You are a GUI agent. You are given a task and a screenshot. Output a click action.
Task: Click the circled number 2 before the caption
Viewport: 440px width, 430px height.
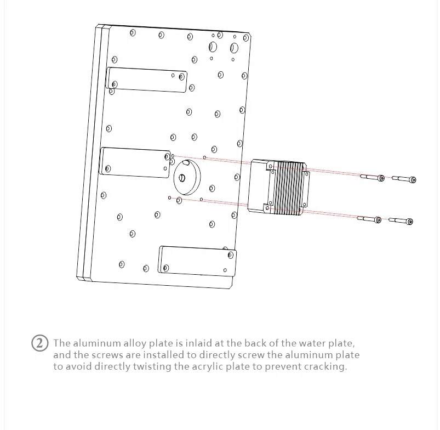click(x=39, y=344)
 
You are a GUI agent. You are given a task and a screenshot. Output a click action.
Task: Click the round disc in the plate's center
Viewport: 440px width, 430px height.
click(x=186, y=178)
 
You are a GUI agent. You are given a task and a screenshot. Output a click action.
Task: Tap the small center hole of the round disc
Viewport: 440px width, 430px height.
click(x=182, y=177)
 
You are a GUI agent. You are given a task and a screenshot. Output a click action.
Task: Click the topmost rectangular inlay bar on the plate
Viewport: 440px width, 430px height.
click(x=147, y=80)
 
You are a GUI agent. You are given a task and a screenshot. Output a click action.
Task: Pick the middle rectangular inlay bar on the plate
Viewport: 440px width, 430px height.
click(x=135, y=162)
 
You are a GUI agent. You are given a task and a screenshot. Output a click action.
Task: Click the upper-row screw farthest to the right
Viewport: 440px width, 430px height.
click(x=404, y=179)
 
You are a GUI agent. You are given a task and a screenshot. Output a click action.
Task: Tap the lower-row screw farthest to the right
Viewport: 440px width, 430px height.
click(x=401, y=221)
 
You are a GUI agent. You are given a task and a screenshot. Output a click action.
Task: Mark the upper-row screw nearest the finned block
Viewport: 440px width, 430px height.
click(x=372, y=177)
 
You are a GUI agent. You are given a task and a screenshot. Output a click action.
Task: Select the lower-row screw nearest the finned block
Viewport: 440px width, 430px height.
click(x=369, y=219)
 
